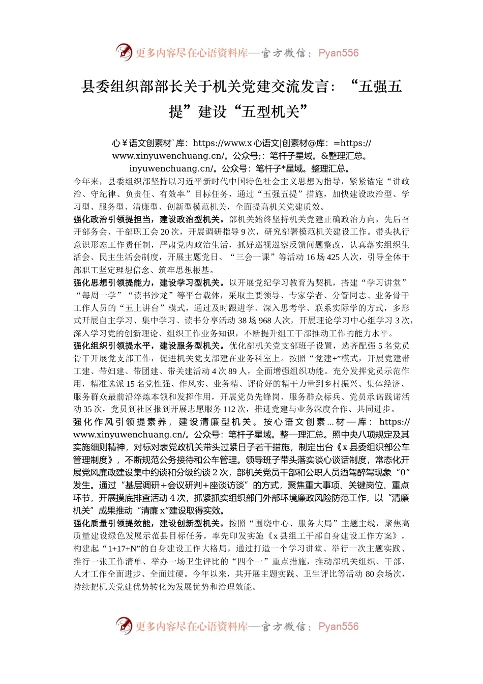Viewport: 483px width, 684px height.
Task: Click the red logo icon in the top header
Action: [x=124, y=52]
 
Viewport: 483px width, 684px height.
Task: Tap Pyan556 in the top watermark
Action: [x=338, y=53]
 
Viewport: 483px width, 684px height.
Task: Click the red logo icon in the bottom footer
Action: [x=124, y=625]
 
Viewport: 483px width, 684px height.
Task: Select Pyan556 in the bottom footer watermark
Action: [x=338, y=626]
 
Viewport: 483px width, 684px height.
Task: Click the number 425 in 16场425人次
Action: [x=334, y=258]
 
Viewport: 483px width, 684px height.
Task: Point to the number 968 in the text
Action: [x=265, y=321]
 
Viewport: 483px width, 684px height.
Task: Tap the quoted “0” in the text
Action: [x=402, y=472]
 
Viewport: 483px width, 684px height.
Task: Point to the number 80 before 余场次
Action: [x=370, y=574]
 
